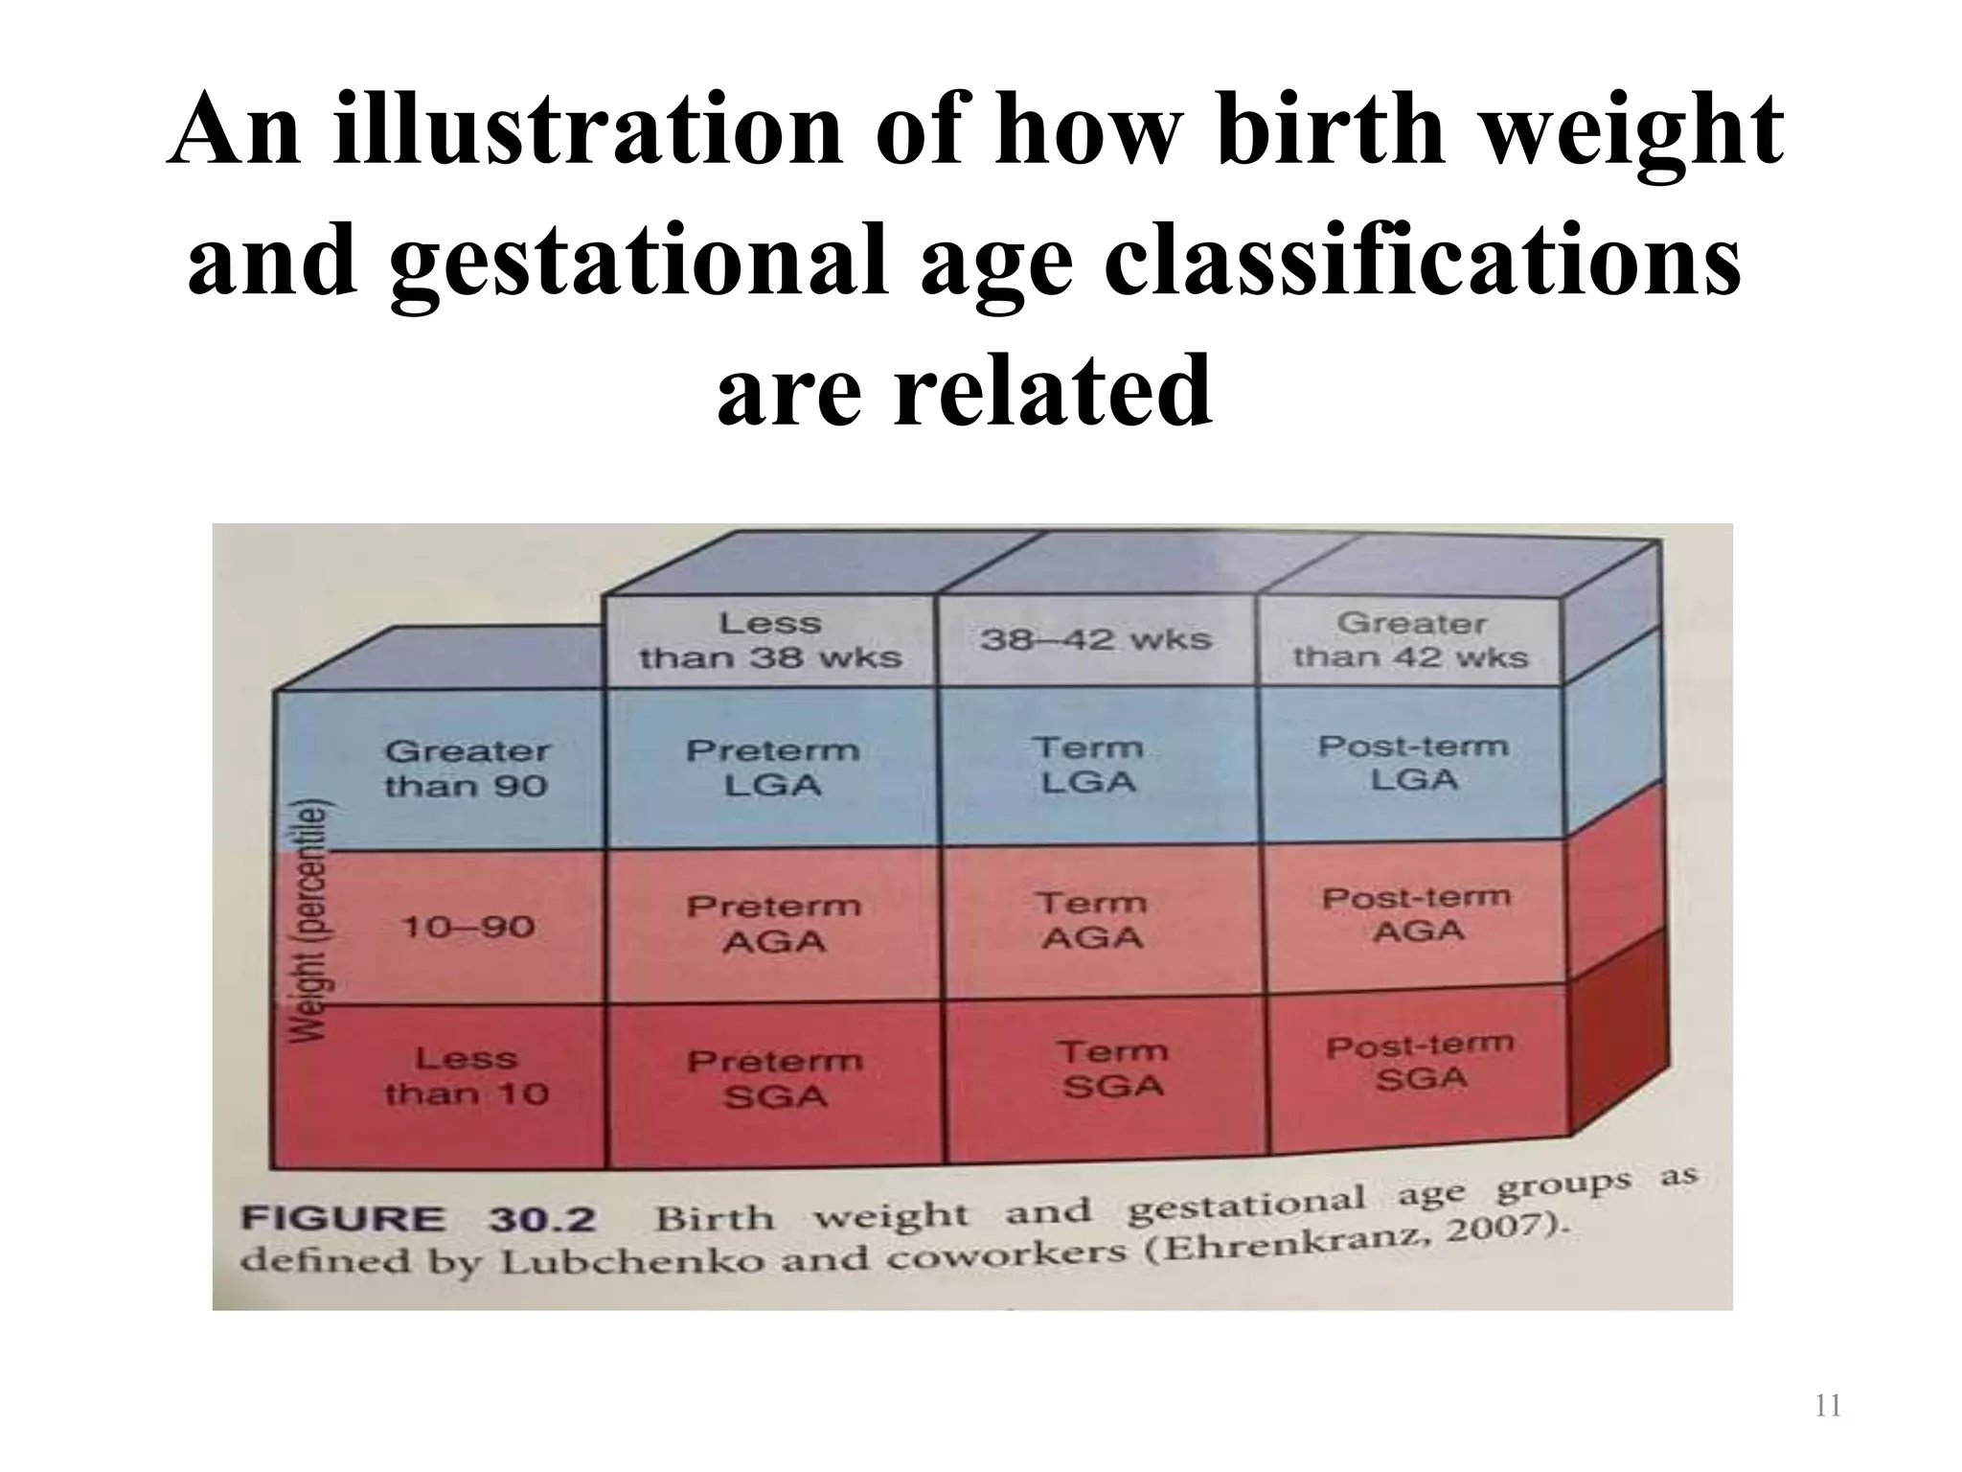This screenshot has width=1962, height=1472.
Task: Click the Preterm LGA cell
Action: click(772, 768)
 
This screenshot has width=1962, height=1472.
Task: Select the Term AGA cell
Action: click(1092, 920)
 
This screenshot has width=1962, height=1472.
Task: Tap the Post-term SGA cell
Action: click(1420, 1063)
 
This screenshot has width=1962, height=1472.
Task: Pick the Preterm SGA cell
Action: click(774, 1078)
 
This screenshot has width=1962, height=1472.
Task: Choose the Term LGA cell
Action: click(1088, 765)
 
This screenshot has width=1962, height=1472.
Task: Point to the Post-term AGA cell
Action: click(1417, 914)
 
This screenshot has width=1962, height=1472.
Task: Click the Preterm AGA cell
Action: click(773, 924)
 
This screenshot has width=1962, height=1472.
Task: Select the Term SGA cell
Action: click(1112, 1069)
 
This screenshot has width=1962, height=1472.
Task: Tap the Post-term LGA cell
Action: click(1413, 762)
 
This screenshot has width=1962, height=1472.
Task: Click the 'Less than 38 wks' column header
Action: click(770, 640)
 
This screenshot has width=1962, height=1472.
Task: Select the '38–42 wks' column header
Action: click(1095, 638)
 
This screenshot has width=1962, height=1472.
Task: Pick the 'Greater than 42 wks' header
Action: click(1410, 639)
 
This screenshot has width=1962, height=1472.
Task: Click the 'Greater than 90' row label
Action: click(467, 769)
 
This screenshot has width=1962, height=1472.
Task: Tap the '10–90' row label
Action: click(468, 927)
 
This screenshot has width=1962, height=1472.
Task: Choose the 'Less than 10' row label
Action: click(467, 1076)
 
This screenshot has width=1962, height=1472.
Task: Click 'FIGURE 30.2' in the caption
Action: click(419, 1220)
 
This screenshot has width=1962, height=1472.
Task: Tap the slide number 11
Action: click(1828, 1406)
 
